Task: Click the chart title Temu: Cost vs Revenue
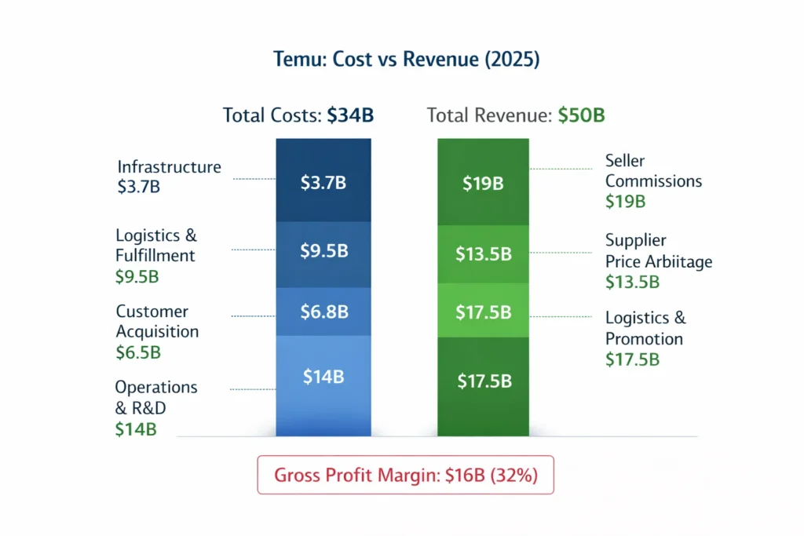401,60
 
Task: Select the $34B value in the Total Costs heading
349,115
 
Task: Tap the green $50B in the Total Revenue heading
581,115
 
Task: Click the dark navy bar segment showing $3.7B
323,182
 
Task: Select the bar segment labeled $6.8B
323,312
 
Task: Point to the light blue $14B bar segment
323,377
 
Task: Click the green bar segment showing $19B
484,183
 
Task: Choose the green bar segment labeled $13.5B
484,254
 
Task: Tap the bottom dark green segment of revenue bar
484,382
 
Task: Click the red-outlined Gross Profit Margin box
405,475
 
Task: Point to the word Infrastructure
169,167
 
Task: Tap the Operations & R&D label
155,397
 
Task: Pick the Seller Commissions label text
652,171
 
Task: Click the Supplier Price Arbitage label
658,251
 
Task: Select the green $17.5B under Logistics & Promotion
632,359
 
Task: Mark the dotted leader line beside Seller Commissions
561,169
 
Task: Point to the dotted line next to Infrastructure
254,179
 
